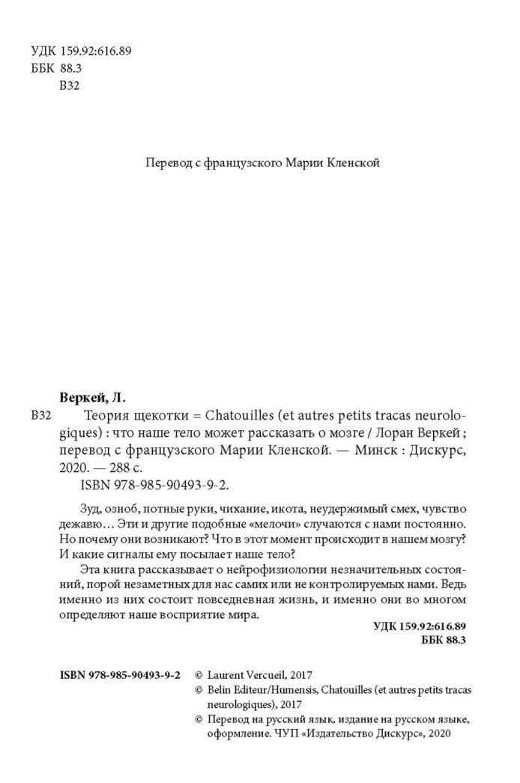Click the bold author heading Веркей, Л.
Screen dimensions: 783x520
tap(93, 398)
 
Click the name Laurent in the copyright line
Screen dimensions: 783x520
tap(228, 674)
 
